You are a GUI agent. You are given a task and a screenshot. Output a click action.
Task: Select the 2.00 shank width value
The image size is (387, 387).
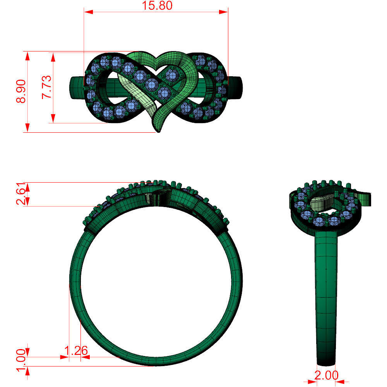tap(326, 375)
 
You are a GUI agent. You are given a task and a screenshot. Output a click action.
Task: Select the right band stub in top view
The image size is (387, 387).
tap(236, 89)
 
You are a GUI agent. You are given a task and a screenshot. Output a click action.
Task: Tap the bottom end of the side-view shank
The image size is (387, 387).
tap(326, 363)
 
